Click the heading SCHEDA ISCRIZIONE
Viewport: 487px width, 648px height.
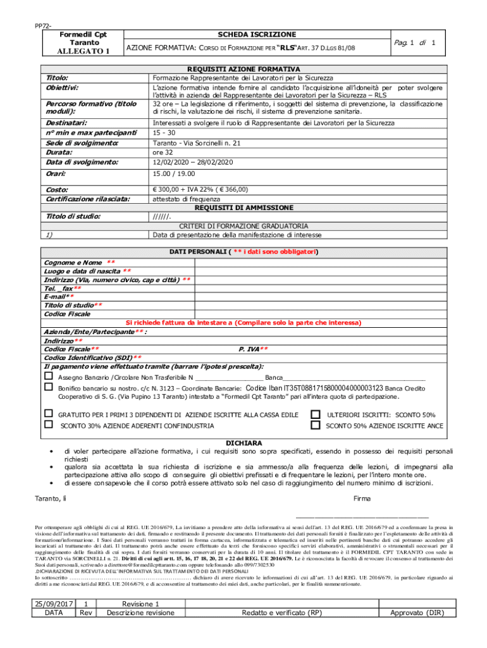257,34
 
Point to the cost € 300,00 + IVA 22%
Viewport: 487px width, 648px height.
200,189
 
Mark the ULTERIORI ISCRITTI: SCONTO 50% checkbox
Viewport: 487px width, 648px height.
315,414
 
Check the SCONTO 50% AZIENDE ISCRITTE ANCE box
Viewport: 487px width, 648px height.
315,425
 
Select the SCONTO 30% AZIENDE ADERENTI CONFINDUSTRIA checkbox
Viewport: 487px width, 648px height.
48,425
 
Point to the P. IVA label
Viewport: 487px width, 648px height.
253,349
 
